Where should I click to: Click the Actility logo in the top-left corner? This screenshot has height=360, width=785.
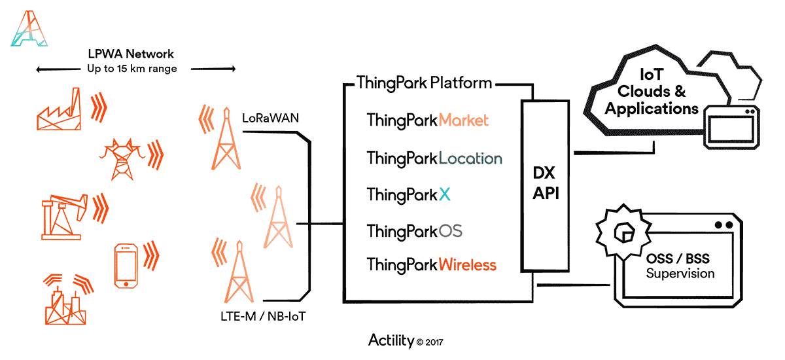point(29,29)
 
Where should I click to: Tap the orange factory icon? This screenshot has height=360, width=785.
point(59,109)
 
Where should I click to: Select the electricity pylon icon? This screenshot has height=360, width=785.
point(122,160)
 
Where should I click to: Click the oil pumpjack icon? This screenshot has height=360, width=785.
point(64,217)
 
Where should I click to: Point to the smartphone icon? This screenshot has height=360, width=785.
point(126,266)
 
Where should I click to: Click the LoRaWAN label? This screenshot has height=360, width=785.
point(270,118)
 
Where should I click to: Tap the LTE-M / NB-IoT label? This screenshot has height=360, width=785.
point(263,317)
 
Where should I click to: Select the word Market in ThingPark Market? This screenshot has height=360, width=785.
point(463,120)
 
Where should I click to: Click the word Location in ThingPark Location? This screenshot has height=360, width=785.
point(470,158)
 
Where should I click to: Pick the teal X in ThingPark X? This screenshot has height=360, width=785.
point(444,194)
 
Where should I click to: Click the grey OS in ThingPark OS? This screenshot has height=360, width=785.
point(450,230)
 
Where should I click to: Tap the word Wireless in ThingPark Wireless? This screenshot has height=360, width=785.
point(468,264)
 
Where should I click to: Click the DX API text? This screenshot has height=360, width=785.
point(546,183)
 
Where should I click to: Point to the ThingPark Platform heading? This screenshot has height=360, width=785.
point(424,83)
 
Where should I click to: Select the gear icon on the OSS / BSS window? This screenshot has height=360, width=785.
point(624,232)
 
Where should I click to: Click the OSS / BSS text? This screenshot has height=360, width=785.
point(678,259)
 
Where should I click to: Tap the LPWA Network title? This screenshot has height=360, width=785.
point(131,54)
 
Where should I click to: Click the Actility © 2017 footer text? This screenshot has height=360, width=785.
point(406,341)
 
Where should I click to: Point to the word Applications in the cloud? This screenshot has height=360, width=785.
point(652,109)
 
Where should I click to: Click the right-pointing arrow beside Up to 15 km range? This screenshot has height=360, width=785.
point(213,69)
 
